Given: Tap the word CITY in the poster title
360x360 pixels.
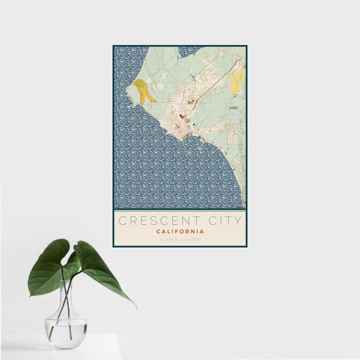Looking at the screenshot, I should (223, 221).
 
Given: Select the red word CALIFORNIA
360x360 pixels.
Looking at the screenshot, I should (180, 231).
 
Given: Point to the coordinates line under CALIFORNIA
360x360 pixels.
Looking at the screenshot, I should (180, 240).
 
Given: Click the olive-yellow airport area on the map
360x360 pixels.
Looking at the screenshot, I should (143, 91).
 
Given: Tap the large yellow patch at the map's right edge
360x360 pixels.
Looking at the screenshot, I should (238, 81).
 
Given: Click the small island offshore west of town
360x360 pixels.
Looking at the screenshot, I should (131, 119).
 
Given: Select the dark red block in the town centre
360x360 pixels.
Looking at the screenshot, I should (182, 117).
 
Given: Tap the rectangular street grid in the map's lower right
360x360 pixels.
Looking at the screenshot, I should (232, 138).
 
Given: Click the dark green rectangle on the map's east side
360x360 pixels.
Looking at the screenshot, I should (234, 108).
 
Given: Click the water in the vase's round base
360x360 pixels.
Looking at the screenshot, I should (65, 329).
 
